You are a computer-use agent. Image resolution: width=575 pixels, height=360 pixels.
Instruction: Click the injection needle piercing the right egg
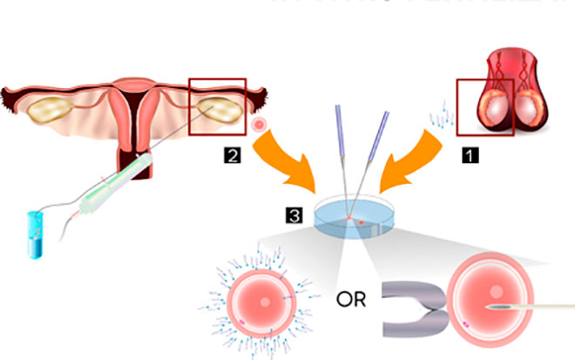click(x=540, y=308)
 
